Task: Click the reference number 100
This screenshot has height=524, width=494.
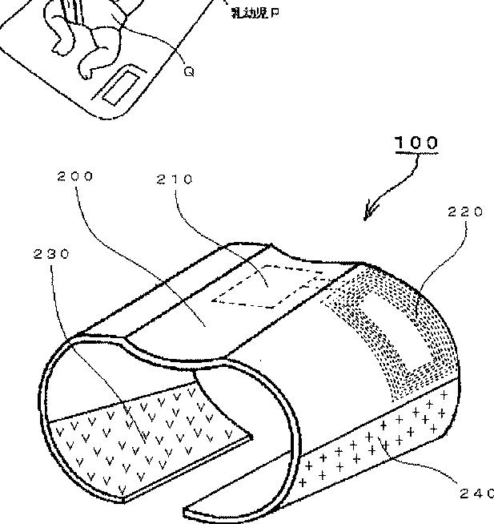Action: click(x=416, y=143)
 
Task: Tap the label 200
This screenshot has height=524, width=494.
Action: click(x=75, y=175)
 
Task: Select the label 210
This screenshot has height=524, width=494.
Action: click(x=175, y=179)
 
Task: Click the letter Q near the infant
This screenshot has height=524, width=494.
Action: click(x=189, y=71)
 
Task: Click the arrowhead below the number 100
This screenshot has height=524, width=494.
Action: click(x=368, y=215)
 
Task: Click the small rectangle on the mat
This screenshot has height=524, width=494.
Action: click(x=121, y=86)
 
